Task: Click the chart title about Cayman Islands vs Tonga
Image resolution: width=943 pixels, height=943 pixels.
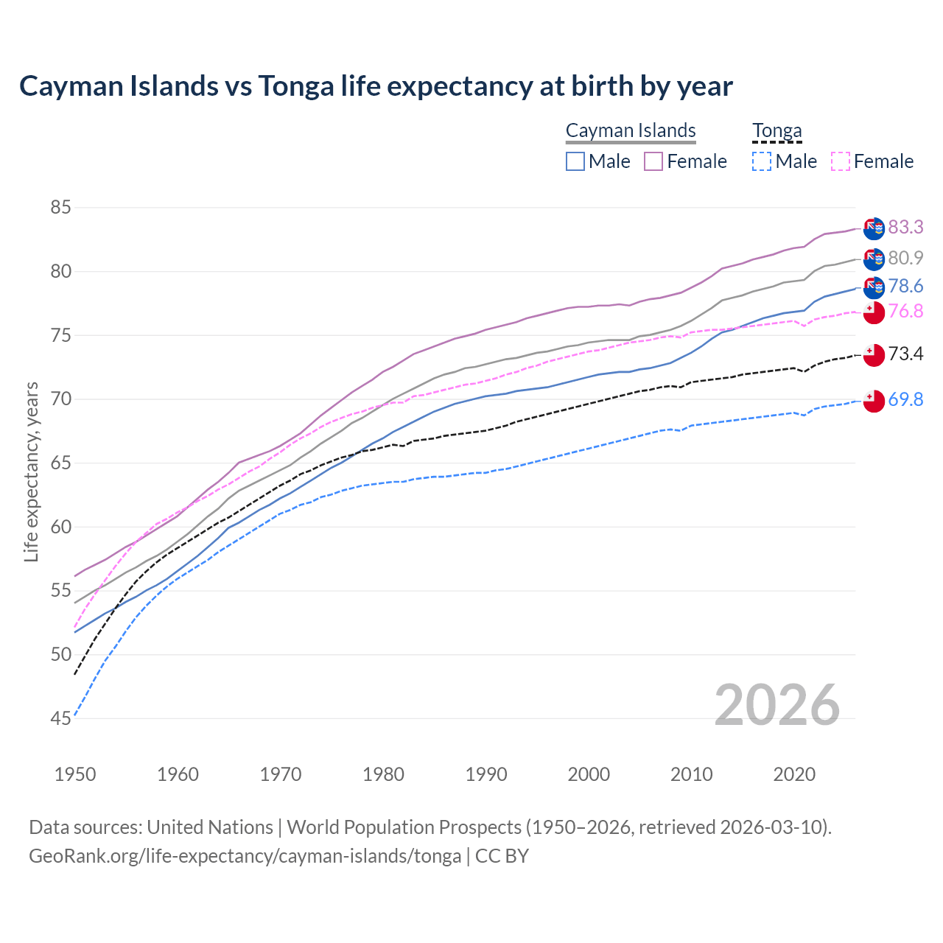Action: click(x=376, y=86)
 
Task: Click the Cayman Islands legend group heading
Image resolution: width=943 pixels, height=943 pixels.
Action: click(x=631, y=130)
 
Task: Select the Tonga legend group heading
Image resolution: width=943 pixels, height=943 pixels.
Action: click(x=777, y=130)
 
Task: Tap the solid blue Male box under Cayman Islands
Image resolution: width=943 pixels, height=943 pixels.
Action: click(x=575, y=161)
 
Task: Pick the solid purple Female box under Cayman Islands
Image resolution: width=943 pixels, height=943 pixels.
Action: click(x=653, y=161)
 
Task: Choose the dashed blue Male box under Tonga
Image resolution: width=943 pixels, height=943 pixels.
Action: click(x=762, y=161)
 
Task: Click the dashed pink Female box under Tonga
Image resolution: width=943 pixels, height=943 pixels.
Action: click(x=840, y=161)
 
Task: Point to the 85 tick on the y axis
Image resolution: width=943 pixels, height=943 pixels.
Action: click(x=60, y=208)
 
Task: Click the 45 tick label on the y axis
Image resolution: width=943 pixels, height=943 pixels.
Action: click(x=60, y=718)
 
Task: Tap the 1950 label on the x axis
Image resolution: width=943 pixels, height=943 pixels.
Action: click(x=75, y=774)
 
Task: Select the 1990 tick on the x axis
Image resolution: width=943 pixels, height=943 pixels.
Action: click(x=486, y=774)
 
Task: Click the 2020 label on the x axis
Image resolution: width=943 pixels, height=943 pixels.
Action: click(x=794, y=774)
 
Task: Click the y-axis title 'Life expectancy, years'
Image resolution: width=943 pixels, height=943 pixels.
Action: click(x=31, y=471)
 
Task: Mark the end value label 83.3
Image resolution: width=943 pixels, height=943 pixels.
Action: click(x=905, y=227)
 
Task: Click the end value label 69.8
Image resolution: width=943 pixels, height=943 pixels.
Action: click(x=905, y=399)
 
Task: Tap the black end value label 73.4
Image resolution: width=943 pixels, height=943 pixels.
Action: click(x=905, y=354)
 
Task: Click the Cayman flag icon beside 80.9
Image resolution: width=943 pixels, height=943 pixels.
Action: click(x=874, y=259)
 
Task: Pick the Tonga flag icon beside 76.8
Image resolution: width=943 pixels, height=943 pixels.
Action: click(x=874, y=312)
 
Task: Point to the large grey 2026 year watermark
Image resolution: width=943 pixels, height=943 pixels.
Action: click(x=777, y=705)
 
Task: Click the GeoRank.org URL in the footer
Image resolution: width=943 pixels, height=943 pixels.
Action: click(x=245, y=856)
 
